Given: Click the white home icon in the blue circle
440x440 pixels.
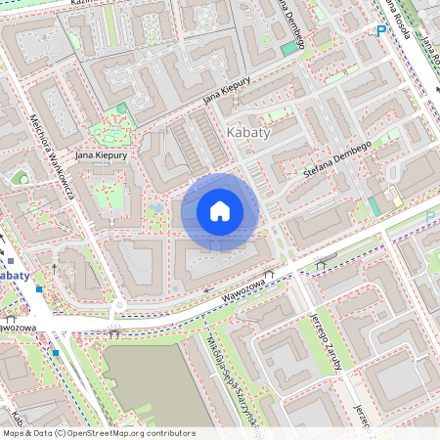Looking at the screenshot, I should point(220,211).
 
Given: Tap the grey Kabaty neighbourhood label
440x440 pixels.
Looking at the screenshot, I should point(248,133).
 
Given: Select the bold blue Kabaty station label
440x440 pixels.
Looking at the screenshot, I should point(14,275).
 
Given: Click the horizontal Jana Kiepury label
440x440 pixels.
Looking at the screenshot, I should point(97,154).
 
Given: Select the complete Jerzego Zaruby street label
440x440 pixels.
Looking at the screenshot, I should point(323,341).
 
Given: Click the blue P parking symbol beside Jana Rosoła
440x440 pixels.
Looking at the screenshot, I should point(381,32).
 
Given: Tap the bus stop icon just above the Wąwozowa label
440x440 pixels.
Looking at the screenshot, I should point(269,274).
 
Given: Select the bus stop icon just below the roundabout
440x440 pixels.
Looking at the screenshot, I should point(115,331).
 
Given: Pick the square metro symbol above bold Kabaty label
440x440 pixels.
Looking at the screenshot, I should point(10,261).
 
